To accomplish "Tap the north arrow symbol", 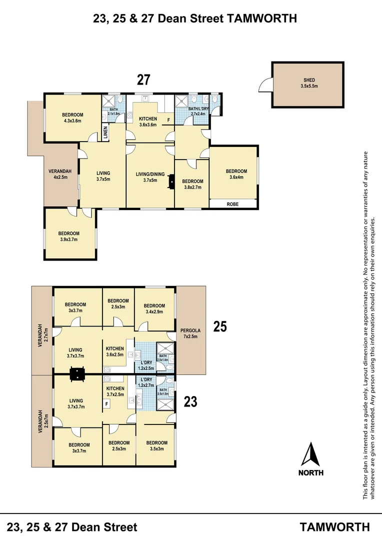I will (x=311, y=454).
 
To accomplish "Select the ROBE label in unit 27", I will (x=232, y=204).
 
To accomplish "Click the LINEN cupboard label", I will (x=105, y=132).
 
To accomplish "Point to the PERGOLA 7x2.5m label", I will (x=190, y=333).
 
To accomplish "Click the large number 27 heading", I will (x=143, y=80).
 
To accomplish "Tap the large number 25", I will (x=220, y=327).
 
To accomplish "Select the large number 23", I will (x=190, y=401).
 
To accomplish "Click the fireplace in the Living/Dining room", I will (x=171, y=181).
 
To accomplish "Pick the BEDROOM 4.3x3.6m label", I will (x=73, y=117).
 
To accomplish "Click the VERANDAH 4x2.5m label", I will (x=60, y=174).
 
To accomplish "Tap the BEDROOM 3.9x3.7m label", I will (x=68, y=236).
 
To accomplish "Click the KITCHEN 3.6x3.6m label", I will (x=147, y=121).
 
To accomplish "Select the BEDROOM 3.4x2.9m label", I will (x=154, y=309).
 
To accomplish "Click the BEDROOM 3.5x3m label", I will (x=156, y=445).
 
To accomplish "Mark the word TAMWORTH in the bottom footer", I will (x=335, y=526).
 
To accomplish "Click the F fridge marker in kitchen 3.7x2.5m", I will (x=106, y=403).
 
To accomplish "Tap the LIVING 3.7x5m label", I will (x=103, y=176).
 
